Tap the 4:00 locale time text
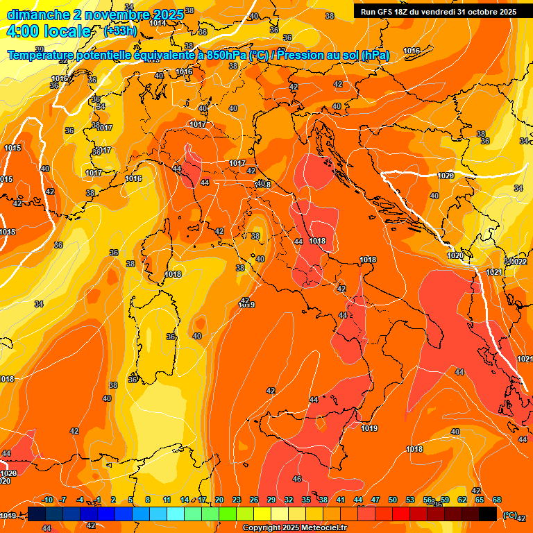pyautogui.click(x=49, y=31)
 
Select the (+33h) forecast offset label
pyautogui.click(x=119, y=31)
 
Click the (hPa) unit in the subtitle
pyautogui.click(x=375, y=55)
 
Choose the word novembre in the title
pyautogui.click(x=117, y=14)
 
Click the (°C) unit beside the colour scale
pyautogui.click(x=509, y=515)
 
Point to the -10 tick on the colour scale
pyautogui.click(x=47, y=500)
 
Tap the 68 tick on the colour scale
pyautogui.click(x=497, y=500)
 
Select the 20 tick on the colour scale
pyautogui.click(x=219, y=500)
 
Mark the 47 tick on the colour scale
pyautogui.click(x=375, y=500)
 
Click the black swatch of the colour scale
pyautogui.click(x=488, y=514)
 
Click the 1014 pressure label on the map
pyautogui.click(x=158, y=23)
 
